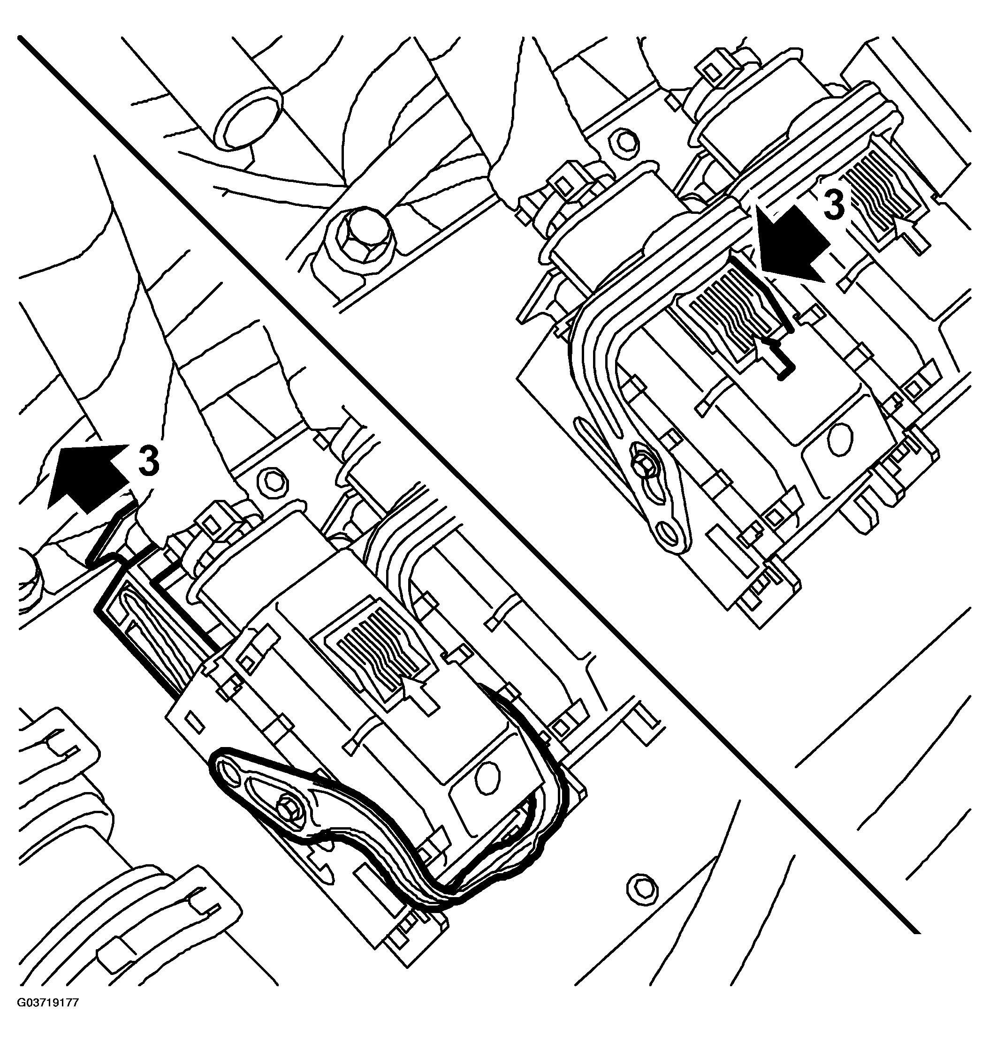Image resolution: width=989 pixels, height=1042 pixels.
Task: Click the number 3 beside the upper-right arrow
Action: point(834,205)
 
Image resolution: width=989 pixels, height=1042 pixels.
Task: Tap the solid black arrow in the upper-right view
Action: point(791,243)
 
